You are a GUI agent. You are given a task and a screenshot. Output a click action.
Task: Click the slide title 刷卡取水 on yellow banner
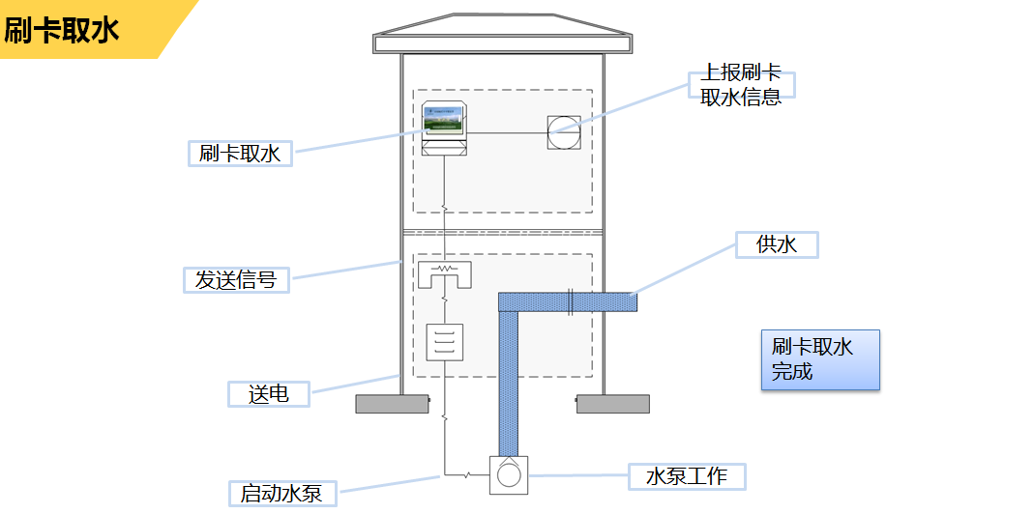[62, 30]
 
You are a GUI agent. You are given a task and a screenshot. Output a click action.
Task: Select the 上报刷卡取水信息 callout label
[741, 86]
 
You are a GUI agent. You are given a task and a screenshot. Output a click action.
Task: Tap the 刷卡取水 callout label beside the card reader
[240, 153]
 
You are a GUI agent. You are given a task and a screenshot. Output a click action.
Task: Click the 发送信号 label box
[236, 280]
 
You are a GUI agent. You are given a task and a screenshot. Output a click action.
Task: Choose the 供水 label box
[777, 244]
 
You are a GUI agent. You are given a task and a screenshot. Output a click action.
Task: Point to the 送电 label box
[269, 394]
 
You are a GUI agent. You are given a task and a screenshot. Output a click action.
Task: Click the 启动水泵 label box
[281, 494]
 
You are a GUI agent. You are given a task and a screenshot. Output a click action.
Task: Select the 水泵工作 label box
[687, 475]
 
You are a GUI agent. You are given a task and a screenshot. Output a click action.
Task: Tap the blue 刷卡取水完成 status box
[820, 359]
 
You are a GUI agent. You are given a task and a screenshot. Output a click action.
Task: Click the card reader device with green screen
[445, 128]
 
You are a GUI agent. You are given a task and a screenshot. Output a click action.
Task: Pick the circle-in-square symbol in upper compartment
[564, 131]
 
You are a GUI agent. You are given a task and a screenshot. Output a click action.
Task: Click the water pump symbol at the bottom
[509, 474]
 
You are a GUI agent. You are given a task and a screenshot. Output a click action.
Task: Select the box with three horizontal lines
[445, 342]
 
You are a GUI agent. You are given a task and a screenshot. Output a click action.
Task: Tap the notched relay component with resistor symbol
[444, 274]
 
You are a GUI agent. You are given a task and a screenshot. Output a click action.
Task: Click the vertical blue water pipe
[509, 382]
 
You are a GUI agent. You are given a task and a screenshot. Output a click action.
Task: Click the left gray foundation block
[392, 404]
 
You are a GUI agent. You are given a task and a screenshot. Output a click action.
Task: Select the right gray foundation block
[613, 404]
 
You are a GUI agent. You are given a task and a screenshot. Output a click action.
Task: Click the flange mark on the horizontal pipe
[571, 302]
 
